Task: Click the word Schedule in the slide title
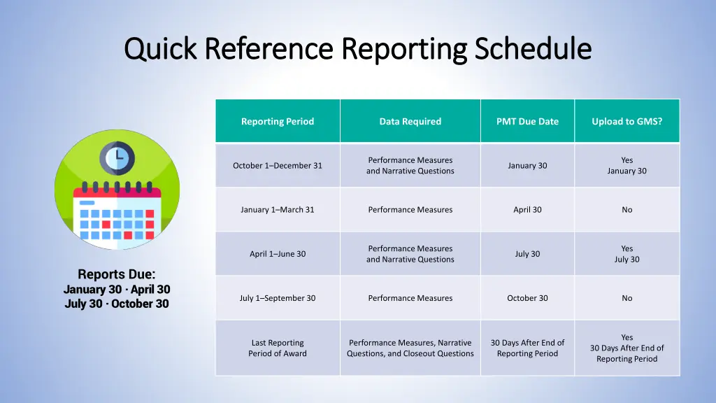click(533, 49)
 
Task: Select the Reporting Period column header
click(278, 122)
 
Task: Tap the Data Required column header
click(410, 122)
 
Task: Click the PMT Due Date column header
click(527, 122)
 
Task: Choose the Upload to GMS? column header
click(626, 122)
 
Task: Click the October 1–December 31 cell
click(278, 166)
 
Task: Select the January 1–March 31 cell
click(278, 210)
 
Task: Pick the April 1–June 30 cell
click(278, 254)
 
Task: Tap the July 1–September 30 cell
click(278, 298)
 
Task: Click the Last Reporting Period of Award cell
click(278, 348)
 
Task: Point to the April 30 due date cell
click(527, 210)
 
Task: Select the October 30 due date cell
click(527, 298)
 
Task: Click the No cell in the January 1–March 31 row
click(626, 210)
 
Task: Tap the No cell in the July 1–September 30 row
click(626, 298)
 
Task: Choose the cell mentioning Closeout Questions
click(410, 348)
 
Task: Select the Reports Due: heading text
click(117, 274)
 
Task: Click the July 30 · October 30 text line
click(117, 304)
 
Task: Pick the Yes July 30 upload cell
click(626, 254)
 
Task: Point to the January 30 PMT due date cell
click(527, 166)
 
